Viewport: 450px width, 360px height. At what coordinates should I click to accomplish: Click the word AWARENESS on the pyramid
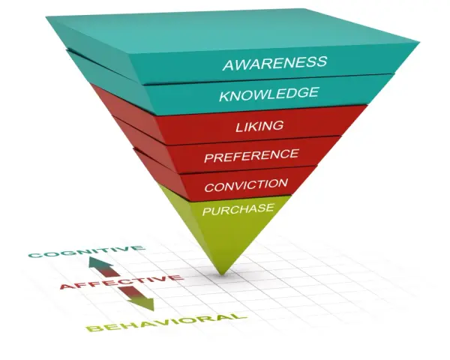[x=274, y=63]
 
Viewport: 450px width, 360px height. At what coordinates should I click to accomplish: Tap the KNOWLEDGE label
[x=269, y=94]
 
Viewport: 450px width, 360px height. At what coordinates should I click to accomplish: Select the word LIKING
[x=259, y=126]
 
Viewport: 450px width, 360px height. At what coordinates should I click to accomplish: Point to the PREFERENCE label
[x=251, y=155]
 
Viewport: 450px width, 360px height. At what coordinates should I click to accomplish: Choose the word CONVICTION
[x=246, y=185]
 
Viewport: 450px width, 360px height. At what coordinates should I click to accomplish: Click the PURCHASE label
[x=238, y=209]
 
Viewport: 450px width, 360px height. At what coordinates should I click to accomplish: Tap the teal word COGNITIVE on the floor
[x=86, y=251]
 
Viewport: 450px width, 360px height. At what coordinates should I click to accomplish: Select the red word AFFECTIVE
[x=121, y=282]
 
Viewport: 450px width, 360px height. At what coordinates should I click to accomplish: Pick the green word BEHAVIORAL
[x=166, y=322]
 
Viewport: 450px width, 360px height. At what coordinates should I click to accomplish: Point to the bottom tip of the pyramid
[x=221, y=274]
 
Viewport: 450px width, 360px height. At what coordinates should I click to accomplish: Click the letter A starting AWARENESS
[x=229, y=65]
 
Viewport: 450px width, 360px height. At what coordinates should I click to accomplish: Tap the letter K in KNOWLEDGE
[x=226, y=97]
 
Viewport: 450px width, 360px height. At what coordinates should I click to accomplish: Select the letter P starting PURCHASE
[x=207, y=211]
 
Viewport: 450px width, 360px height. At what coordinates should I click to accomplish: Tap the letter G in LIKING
[x=277, y=125]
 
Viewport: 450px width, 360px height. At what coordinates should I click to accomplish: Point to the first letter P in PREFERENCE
[x=210, y=159]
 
